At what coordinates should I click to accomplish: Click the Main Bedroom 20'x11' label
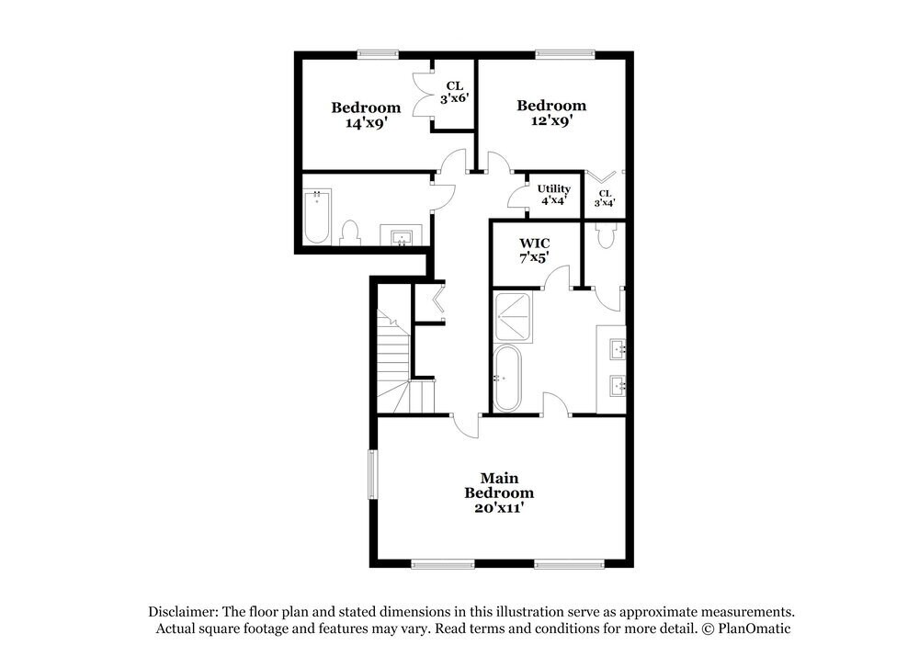[x=499, y=493]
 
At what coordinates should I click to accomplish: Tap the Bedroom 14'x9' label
[x=366, y=115]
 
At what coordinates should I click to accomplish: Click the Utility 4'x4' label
[x=553, y=194]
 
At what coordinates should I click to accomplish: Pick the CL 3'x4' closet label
[x=605, y=198]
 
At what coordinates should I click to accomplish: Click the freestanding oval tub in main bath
[x=506, y=379]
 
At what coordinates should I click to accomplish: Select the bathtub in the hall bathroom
[x=317, y=216]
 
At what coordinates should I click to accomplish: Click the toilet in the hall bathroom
[x=350, y=232]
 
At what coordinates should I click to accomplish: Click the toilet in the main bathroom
[x=605, y=235]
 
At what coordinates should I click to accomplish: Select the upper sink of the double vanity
[x=617, y=348]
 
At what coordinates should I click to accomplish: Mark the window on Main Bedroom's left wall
[x=373, y=474]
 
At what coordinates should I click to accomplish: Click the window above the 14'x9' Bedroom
[x=377, y=54]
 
